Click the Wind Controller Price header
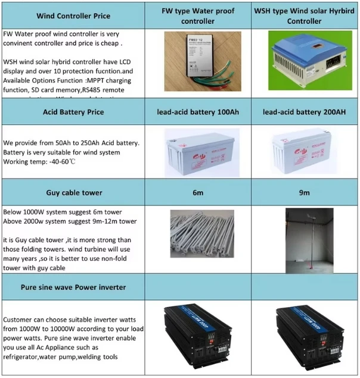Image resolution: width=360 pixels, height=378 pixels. click(x=74, y=16)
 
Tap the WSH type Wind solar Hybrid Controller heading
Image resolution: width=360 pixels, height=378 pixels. click(x=304, y=16)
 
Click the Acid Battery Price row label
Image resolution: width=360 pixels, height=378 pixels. click(x=74, y=112)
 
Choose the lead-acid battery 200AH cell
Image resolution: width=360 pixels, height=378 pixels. click(x=304, y=112)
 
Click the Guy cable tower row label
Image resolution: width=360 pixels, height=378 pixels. click(x=74, y=193)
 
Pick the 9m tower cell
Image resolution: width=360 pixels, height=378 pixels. click(x=304, y=193)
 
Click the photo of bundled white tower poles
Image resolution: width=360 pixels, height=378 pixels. click(x=197, y=239)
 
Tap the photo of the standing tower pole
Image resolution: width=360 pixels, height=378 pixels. click(x=305, y=239)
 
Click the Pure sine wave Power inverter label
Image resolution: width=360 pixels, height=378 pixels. click(x=74, y=287)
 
